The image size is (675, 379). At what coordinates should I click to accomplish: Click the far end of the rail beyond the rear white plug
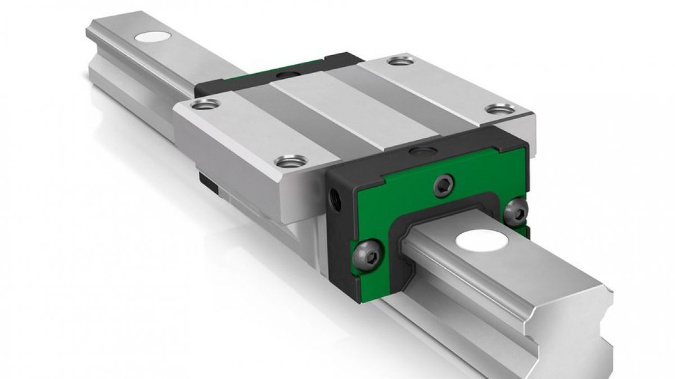pyautogui.click(x=98, y=34)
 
